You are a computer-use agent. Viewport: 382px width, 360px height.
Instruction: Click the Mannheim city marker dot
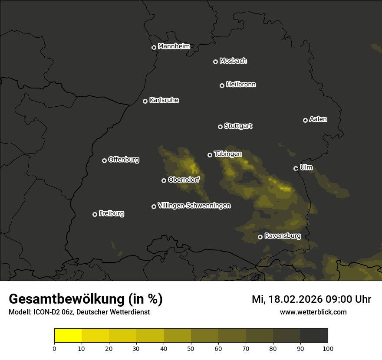click(154, 48)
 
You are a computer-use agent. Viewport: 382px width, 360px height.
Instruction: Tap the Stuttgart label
click(238, 126)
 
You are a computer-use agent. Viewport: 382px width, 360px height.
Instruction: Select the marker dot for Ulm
click(296, 168)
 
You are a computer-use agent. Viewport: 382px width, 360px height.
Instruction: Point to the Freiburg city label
click(112, 213)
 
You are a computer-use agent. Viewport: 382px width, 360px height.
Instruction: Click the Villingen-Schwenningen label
click(194, 206)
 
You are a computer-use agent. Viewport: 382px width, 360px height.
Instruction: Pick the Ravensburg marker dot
click(260, 237)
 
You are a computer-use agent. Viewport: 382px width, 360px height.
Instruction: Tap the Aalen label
click(318, 119)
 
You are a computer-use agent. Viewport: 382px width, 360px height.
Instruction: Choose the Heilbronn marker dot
click(222, 85)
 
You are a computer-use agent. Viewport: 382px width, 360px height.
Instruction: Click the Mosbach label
click(233, 61)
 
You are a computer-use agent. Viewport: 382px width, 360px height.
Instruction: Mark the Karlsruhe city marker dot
click(145, 101)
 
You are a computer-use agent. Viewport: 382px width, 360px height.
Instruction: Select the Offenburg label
click(124, 160)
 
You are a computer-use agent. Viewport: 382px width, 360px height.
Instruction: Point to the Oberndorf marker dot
click(164, 180)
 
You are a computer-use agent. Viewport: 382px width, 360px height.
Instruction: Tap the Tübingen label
click(228, 154)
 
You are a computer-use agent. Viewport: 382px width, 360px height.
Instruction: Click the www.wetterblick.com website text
click(313, 312)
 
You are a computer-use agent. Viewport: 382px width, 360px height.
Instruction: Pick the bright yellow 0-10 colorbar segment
click(68, 336)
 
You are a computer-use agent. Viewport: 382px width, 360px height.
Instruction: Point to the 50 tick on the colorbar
click(191, 348)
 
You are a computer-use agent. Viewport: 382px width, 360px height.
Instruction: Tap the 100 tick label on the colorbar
click(328, 348)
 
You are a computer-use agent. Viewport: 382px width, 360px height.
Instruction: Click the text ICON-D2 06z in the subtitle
click(51, 312)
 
